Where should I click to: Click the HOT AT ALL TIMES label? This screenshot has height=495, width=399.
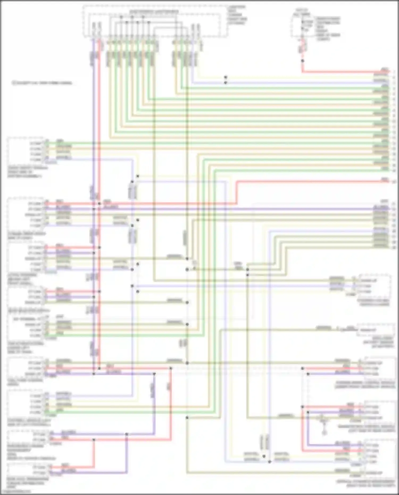pos(302,12)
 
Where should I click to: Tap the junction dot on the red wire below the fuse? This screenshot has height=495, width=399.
pos(302,61)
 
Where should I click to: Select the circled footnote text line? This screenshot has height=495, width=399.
pos(42,83)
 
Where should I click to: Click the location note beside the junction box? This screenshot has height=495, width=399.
pos(237,15)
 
